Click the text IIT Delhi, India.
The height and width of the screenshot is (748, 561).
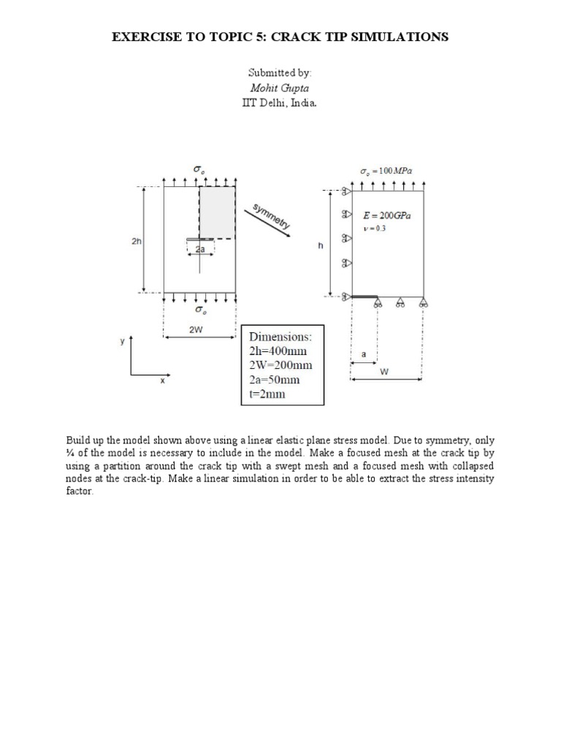coord(279,103)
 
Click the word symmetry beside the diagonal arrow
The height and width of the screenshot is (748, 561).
coord(271,216)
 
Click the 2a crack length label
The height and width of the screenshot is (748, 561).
coord(199,249)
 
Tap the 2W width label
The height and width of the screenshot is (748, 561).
coord(196,329)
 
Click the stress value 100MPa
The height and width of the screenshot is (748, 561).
coord(398,172)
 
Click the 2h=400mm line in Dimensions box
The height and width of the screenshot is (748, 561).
coord(280,351)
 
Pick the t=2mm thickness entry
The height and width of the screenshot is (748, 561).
coord(267,394)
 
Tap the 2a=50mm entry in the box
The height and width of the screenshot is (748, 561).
coord(275,380)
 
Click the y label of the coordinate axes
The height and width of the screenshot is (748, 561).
coord(123,340)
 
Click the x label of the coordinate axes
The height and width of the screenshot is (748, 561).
coord(162,381)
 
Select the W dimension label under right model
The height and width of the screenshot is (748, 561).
coord(385,372)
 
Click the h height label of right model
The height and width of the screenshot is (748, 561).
coord(320,246)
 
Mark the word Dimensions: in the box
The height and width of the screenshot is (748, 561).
coord(280,337)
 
